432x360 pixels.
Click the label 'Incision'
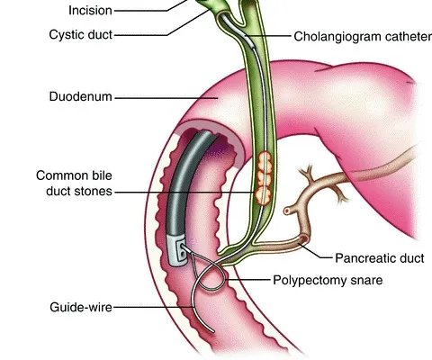(90, 11)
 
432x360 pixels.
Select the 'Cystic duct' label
(81, 34)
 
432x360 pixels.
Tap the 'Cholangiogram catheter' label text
(363, 37)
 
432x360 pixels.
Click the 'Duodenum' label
(81, 96)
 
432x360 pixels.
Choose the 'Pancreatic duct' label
(380, 258)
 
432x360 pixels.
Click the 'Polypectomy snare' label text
(328, 280)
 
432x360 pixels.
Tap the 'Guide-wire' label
(81, 307)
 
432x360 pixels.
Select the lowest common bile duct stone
(263, 195)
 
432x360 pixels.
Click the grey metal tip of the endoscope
(176, 249)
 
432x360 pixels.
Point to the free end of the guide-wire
(213, 331)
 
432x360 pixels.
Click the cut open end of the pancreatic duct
(303, 239)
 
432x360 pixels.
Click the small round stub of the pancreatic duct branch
(287, 211)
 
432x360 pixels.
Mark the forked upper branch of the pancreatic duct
(308, 175)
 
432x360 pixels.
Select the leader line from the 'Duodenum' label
(166, 98)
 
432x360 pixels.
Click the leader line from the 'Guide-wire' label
(154, 307)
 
